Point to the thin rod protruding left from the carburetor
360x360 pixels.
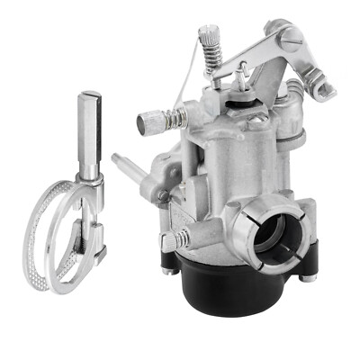(127, 164)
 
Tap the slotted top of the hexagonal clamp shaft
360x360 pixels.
(88, 97)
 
